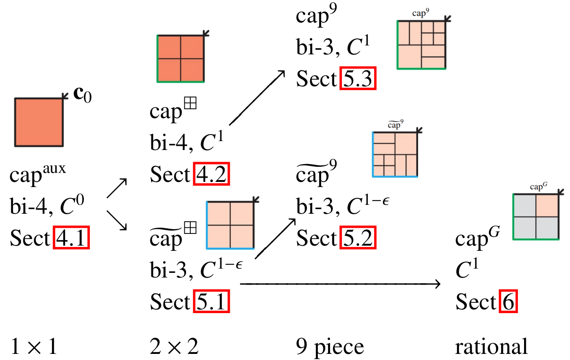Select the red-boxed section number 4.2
(212, 175)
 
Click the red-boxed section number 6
(508, 302)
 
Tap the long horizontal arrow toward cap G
(340, 284)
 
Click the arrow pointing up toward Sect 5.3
(257, 97)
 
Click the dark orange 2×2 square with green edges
(180, 59)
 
